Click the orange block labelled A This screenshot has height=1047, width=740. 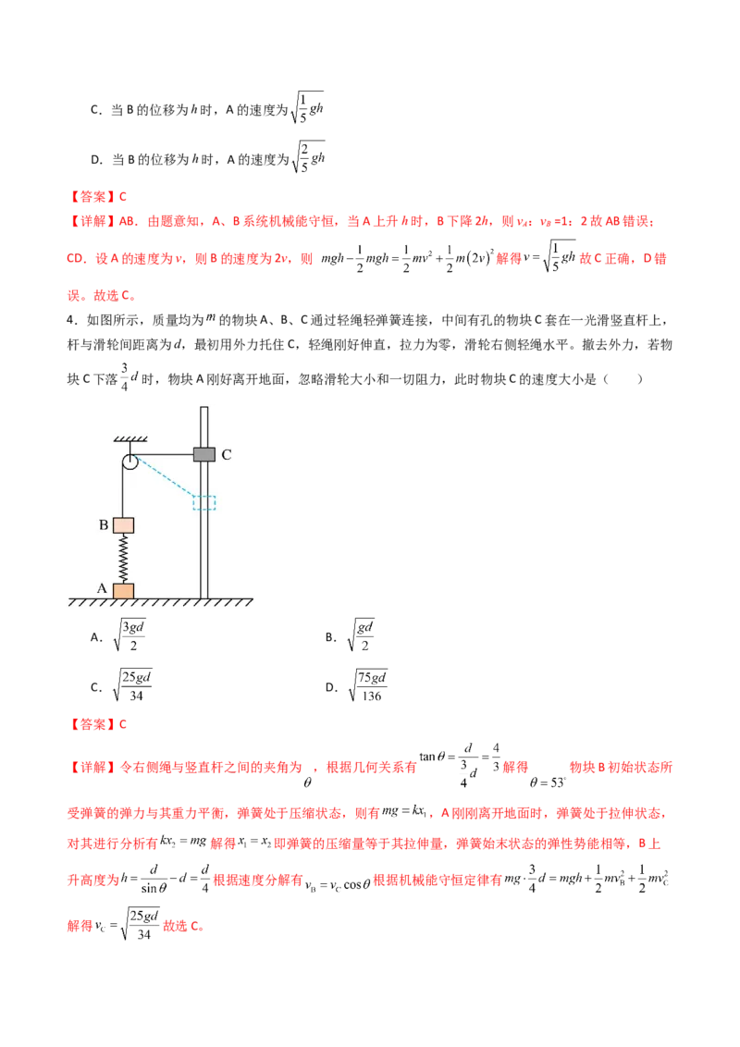click(x=123, y=590)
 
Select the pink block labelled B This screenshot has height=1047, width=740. click(x=124, y=524)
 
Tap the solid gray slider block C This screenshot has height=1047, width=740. click(x=203, y=454)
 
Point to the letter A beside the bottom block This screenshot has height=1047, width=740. click(x=102, y=587)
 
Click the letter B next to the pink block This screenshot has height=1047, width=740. click(x=104, y=524)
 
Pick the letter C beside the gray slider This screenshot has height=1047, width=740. click(x=227, y=455)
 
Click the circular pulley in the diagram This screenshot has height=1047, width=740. click(x=129, y=462)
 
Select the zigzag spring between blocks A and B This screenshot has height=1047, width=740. click(x=123, y=558)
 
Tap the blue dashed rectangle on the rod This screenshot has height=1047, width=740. click(x=203, y=502)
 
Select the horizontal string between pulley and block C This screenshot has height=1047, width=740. click(x=165, y=454)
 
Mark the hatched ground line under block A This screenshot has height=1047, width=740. click(x=157, y=602)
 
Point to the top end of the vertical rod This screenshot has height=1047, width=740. click(x=204, y=407)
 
